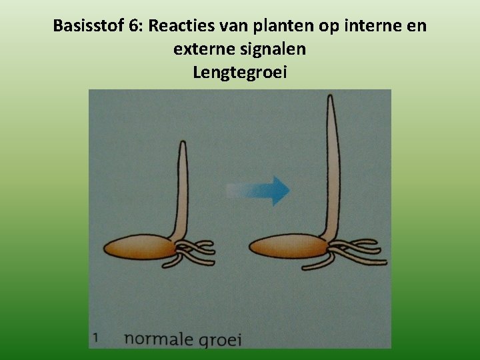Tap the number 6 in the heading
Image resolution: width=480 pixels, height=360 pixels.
(135, 27)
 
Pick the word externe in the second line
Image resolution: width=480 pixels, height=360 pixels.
(201, 49)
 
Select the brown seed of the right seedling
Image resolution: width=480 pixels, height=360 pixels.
(287, 247)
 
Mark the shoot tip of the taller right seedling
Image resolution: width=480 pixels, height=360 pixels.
(330, 99)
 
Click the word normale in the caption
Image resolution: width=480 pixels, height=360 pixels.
(156, 338)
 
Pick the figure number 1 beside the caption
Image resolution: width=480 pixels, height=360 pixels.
(96, 337)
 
